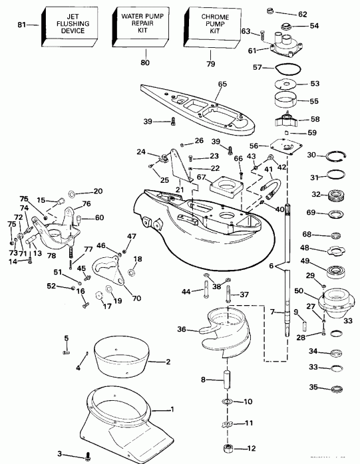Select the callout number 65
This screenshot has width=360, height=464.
click(x=222, y=84)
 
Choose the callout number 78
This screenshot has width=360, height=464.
click(x=51, y=237)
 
